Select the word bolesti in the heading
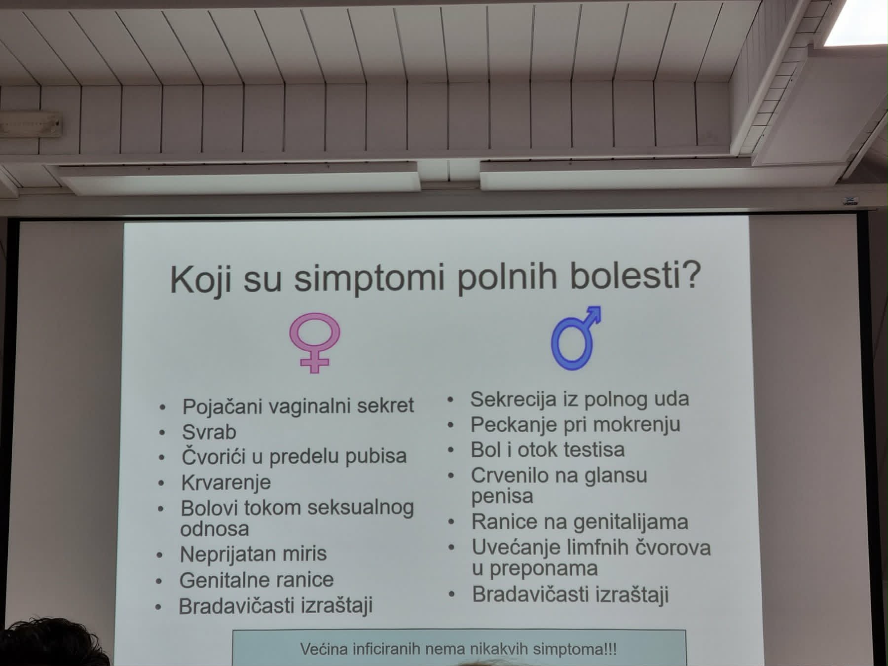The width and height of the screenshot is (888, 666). [x=635, y=275]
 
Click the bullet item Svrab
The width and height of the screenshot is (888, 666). [x=209, y=432]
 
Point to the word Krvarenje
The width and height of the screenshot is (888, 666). [x=226, y=482]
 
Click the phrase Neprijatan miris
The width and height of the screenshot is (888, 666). [x=253, y=554]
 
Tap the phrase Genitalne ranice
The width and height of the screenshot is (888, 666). [x=257, y=580]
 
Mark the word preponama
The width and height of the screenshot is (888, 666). [x=543, y=569]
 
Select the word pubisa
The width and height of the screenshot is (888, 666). [x=376, y=456]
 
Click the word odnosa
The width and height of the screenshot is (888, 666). [x=215, y=529]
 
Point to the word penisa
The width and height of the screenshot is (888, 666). [x=502, y=496]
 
